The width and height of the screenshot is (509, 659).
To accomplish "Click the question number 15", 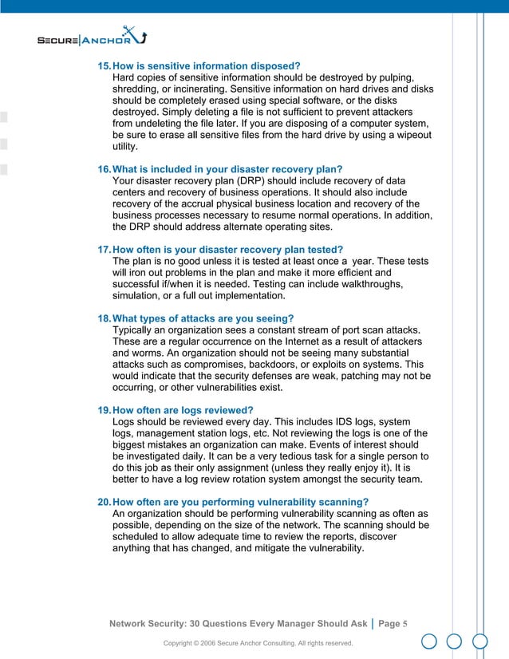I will [104, 65].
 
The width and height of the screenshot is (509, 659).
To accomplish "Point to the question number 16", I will [104, 169].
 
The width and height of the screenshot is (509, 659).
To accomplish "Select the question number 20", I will [104, 502].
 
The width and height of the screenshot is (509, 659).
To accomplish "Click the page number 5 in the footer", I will [405, 623].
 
